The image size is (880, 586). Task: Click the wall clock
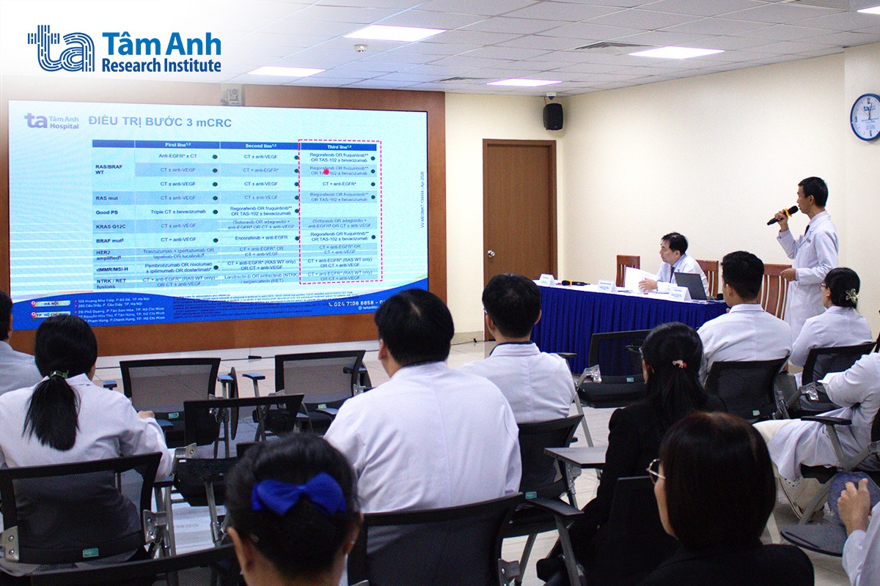pyautogui.click(x=865, y=117)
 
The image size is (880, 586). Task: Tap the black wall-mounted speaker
pyautogui.click(x=553, y=116)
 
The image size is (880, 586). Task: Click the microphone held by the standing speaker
pyautogui.click(x=782, y=215)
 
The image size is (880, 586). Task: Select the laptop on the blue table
pyautogui.click(x=690, y=285)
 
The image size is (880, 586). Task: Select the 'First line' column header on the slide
pyautogui.click(x=177, y=145)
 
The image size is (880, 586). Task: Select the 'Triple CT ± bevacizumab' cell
pyautogui.click(x=177, y=212)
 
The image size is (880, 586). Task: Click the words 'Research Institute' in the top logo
pyautogui.click(x=161, y=66)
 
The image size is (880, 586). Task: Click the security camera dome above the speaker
pyautogui.click(x=551, y=96)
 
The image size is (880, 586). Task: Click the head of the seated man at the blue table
pyautogui.click(x=674, y=246)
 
